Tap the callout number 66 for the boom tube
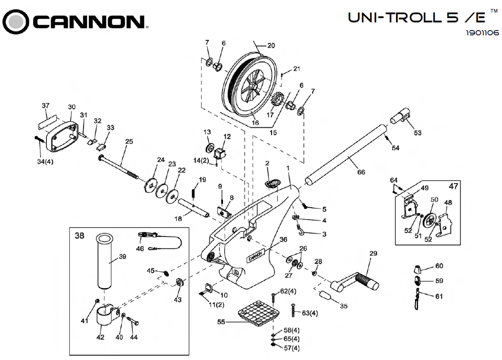pyautogui.click(x=361, y=171)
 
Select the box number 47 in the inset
pyautogui.click(x=453, y=186)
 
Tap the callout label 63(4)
pyautogui.click(x=310, y=313)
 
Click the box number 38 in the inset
pyautogui.click(x=79, y=236)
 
